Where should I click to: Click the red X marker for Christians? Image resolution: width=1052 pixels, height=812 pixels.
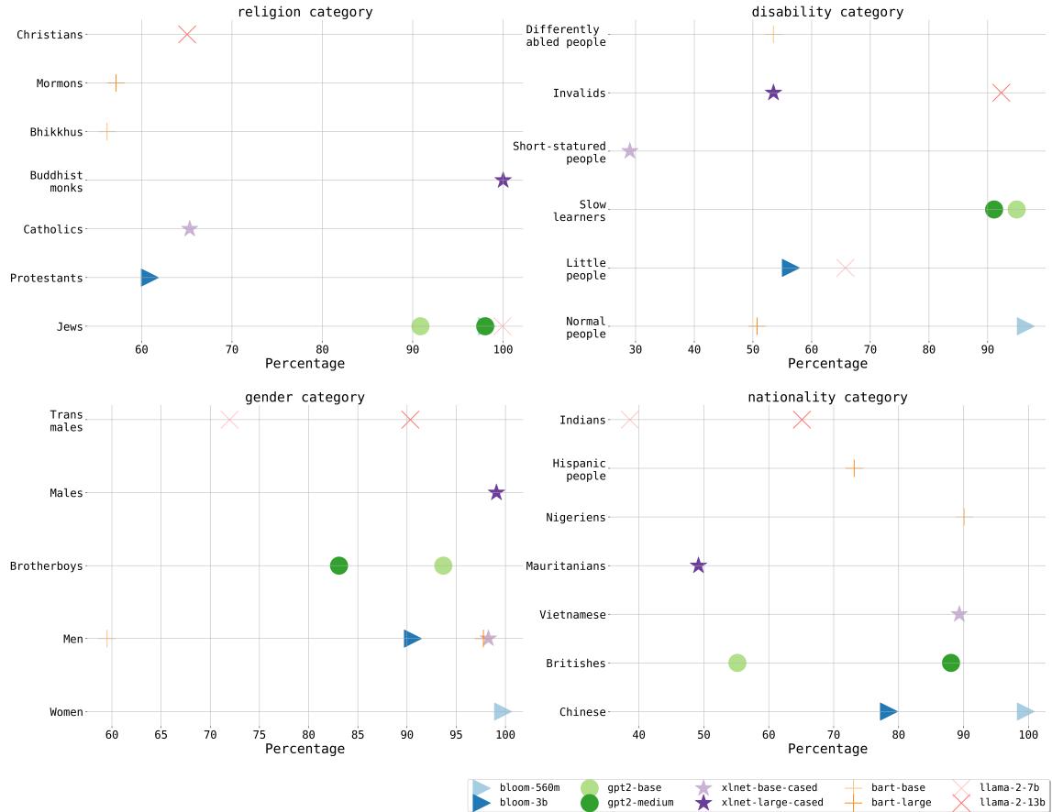click(187, 35)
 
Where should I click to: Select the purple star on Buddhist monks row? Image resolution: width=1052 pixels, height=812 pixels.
click(503, 181)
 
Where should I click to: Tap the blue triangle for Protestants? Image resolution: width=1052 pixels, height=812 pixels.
click(149, 278)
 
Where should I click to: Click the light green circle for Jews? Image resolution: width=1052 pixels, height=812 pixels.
click(420, 326)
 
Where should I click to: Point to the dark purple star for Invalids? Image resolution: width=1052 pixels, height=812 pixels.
click(773, 93)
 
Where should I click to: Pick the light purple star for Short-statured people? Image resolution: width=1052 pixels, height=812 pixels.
click(629, 151)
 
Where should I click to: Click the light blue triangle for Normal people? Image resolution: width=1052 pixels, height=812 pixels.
click(1024, 326)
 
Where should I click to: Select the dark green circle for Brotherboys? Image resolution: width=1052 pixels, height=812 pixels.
click(338, 565)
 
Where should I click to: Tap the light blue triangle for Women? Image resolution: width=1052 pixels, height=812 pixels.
click(502, 712)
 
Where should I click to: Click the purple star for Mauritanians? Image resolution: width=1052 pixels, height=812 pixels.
click(698, 565)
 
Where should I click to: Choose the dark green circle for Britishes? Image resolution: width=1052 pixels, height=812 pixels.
click(950, 663)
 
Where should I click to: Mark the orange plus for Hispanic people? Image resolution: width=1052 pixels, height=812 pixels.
click(854, 468)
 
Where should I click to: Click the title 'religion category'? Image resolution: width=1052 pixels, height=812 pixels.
click(305, 12)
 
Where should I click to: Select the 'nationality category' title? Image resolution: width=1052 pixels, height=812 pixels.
click(827, 397)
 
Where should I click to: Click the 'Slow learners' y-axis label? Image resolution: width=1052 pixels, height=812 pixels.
click(579, 210)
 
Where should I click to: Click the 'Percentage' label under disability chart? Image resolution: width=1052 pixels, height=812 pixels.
click(827, 364)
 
